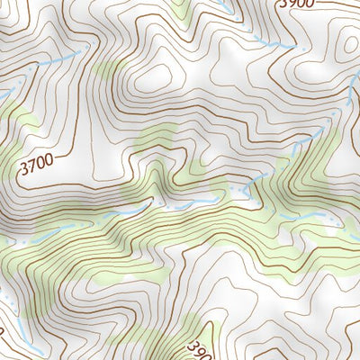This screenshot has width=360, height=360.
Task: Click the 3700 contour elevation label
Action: [x=36, y=165]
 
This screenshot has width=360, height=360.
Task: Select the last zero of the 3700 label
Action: [x=48, y=160]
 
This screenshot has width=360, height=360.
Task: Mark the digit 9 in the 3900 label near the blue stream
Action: [x=290, y=4]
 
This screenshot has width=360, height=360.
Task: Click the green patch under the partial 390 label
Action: [x=193, y=337]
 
